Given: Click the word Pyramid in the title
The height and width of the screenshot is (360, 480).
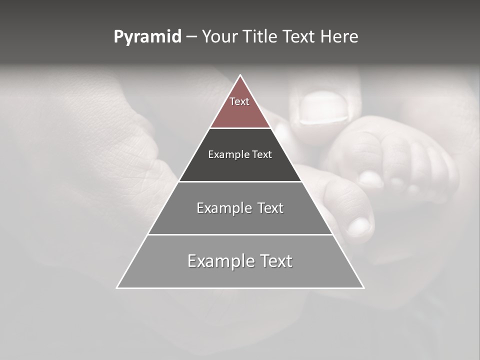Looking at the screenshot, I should tap(147, 37).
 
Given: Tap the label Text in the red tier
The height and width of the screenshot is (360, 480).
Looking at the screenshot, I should tap(239, 101).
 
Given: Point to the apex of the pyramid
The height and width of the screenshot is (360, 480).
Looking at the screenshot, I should tap(240, 76).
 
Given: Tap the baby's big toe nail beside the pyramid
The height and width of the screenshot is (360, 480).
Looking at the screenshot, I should tap(359, 226).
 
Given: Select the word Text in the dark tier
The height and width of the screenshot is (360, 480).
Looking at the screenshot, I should tap(262, 154).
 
